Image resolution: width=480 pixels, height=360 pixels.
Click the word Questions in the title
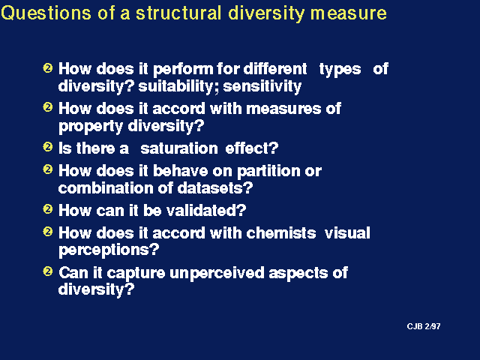[x=46, y=13]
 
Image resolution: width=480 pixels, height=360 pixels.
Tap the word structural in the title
[x=178, y=13]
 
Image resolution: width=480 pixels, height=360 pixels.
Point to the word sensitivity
[x=262, y=86]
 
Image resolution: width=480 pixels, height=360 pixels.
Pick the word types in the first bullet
[x=340, y=70]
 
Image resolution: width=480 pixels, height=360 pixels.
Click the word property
[x=91, y=127]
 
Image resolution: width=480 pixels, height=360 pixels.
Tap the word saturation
[x=179, y=148]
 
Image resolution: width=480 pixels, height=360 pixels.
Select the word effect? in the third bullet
[x=252, y=148]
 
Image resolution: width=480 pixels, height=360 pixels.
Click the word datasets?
[x=215, y=187]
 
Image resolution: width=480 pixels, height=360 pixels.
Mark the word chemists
[x=281, y=233]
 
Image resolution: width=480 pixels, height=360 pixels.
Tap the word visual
[x=347, y=233]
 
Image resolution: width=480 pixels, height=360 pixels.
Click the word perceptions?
[x=109, y=250]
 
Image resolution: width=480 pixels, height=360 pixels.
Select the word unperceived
[x=217, y=273]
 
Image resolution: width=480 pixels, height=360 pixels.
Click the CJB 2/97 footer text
[x=424, y=326]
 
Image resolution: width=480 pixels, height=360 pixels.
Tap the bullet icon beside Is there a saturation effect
[x=48, y=147]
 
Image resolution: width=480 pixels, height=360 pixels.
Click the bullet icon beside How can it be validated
[x=48, y=209]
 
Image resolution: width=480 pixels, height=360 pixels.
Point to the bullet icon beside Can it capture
[x=48, y=271]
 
